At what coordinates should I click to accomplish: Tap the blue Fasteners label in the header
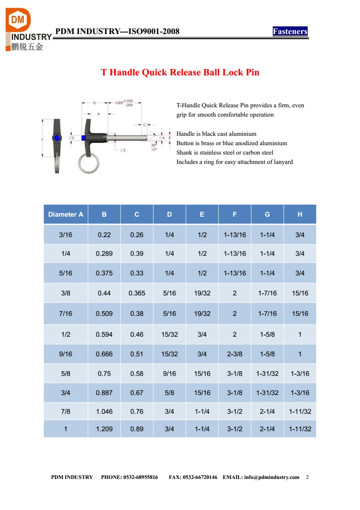[x=290, y=32]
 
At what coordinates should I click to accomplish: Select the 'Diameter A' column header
[x=66, y=215]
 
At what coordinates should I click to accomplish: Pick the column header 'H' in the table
[x=300, y=215]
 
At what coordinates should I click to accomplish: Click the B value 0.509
[x=104, y=314]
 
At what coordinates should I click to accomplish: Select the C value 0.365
[x=137, y=293]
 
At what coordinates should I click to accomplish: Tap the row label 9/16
[x=66, y=354]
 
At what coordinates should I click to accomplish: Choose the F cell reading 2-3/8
[x=234, y=354]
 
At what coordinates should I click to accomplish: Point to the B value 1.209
[x=104, y=429]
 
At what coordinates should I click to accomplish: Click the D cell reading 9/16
[x=169, y=374]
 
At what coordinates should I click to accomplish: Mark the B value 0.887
[x=104, y=393]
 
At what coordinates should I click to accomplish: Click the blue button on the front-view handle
[x=57, y=138]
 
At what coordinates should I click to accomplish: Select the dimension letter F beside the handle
[x=43, y=140]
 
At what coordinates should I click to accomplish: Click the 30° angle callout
[x=154, y=145]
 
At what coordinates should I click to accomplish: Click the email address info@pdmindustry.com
[x=271, y=477]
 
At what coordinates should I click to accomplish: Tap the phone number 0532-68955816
[x=140, y=477]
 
